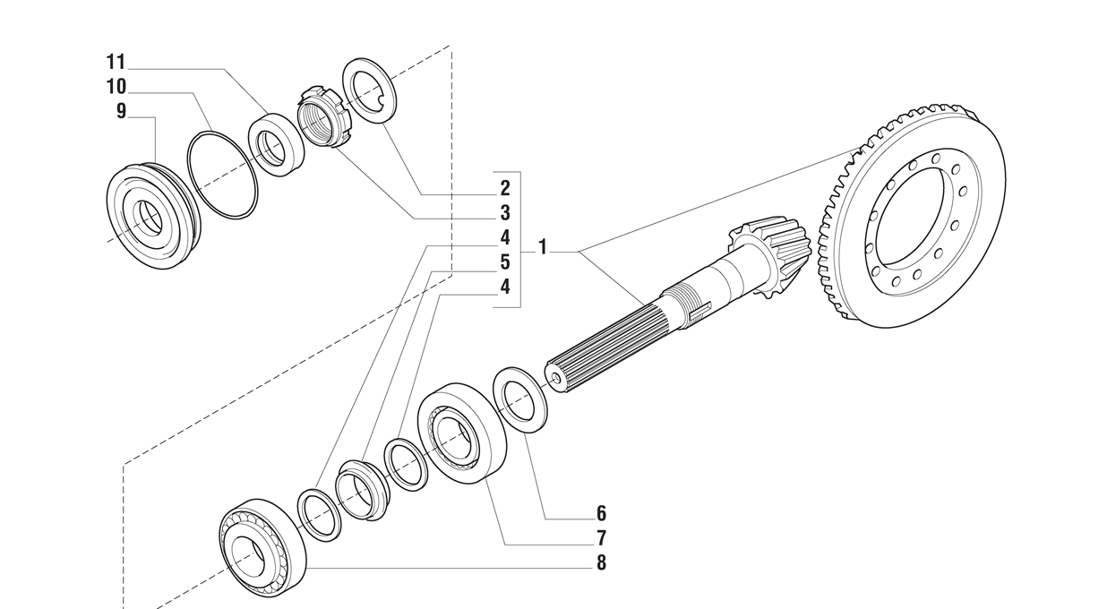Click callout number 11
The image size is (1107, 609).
pyautogui.click(x=116, y=63)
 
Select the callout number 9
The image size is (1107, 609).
pyautogui.click(x=121, y=111)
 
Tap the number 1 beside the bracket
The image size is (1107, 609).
pyautogui.click(x=543, y=246)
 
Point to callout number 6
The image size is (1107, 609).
pyautogui.click(x=601, y=514)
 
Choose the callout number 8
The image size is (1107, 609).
pyautogui.click(x=601, y=563)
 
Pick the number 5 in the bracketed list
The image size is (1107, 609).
pyautogui.click(x=505, y=262)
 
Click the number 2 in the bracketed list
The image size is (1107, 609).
pyautogui.click(x=505, y=188)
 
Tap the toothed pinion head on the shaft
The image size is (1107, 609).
pyautogui.click(x=770, y=256)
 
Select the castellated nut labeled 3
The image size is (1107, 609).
pyautogui.click(x=320, y=116)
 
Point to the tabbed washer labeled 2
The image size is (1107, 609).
pyautogui.click(x=371, y=88)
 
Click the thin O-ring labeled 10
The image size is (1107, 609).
pyautogui.click(x=222, y=175)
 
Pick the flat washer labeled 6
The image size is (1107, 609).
pyautogui.click(x=520, y=399)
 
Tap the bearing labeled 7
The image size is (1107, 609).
pyautogui.click(x=460, y=434)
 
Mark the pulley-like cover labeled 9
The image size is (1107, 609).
pyautogui.click(x=152, y=215)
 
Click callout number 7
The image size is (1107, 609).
pyautogui.click(x=601, y=538)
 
